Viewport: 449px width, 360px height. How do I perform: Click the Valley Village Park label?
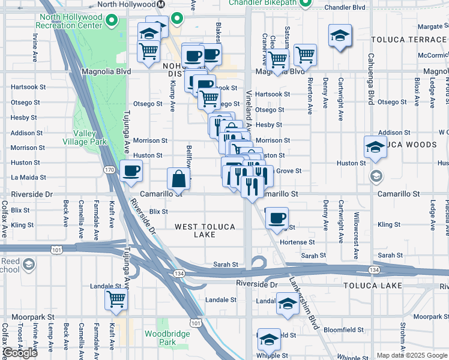[x=85, y=137]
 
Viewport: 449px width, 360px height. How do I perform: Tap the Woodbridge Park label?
[x=160, y=338]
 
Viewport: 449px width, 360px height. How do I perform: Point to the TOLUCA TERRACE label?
[x=409, y=40]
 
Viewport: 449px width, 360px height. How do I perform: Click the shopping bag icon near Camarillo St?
[x=179, y=178]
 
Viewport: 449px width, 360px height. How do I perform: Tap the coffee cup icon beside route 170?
[x=131, y=171]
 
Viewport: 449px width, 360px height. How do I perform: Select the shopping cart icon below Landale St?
[x=116, y=299]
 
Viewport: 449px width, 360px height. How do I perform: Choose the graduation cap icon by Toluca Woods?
[x=375, y=146]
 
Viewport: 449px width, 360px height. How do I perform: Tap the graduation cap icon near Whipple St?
[x=269, y=339]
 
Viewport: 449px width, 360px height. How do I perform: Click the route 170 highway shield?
[x=109, y=170]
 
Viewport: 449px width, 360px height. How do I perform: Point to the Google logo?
[x=20, y=353]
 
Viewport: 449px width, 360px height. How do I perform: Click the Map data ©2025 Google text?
[x=412, y=355]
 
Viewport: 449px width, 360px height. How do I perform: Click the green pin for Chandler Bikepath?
[x=306, y=2]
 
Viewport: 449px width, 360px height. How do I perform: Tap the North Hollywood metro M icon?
[x=161, y=4]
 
